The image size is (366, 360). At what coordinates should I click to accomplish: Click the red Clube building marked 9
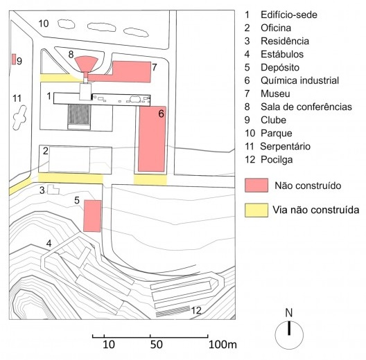(x=14, y=60)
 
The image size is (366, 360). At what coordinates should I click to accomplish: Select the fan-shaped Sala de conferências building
(x=86, y=64)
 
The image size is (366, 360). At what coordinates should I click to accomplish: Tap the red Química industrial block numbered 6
(x=152, y=139)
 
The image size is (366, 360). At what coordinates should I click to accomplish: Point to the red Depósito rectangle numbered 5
(x=92, y=216)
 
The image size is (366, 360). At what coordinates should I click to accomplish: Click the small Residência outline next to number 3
(x=53, y=190)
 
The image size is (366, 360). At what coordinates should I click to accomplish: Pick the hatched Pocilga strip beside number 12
(x=173, y=312)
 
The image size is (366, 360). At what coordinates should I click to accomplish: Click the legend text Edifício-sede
(x=289, y=15)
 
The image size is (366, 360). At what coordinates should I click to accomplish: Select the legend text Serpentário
(x=285, y=147)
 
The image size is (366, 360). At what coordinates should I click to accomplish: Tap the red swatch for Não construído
(x=256, y=186)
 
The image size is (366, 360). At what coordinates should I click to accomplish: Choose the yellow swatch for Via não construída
(x=256, y=210)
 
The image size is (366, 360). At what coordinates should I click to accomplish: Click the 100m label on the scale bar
(x=223, y=344)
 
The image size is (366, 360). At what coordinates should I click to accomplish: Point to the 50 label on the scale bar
(x=156, y=344)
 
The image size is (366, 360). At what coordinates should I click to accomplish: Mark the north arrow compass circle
(x=289, y=335)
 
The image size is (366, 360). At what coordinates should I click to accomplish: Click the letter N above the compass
(x=289, y=313)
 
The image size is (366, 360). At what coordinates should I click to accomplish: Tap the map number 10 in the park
(x=44, y=24)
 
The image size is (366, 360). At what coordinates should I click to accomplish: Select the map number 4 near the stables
(x=49, y=244)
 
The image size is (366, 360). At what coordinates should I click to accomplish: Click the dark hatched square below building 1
(x=79, y=114)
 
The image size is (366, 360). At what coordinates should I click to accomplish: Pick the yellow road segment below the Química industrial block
(x=150, y=180)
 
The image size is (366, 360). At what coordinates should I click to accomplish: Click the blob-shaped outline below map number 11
(x=19, y=118)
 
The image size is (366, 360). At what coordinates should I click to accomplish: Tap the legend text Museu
(x=275, y=93)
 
